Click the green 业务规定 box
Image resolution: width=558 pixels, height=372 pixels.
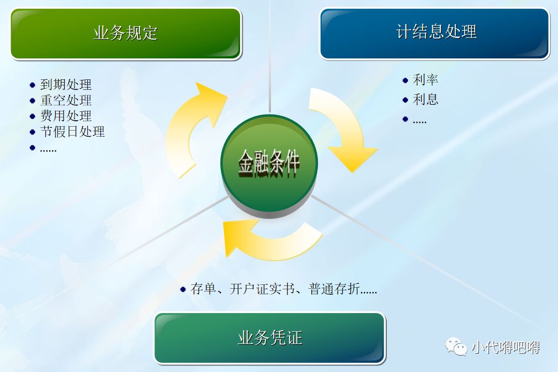(126, 33)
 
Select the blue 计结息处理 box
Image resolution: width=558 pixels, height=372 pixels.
(435, 33)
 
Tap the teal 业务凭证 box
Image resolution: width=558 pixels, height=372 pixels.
(269, 338)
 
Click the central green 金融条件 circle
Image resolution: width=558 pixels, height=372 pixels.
(269, 163)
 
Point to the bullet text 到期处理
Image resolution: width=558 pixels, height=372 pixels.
(66, 85)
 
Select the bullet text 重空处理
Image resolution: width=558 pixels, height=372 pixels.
(66, 100)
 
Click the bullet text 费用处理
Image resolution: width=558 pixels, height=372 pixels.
(66, 116)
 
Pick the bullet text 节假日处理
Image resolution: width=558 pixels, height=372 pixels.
(72, 132)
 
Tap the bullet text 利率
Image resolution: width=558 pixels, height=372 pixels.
(426, 80)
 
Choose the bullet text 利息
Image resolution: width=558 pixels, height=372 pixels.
(426, 100)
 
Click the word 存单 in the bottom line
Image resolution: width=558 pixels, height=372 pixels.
(203, 289)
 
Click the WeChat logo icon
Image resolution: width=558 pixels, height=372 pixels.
(456, 347)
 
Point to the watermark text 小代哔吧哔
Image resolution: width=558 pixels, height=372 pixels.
(505, 347)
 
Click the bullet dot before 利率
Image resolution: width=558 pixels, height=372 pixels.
(406, 80)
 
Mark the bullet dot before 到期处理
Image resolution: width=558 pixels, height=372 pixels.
(33, 85)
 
